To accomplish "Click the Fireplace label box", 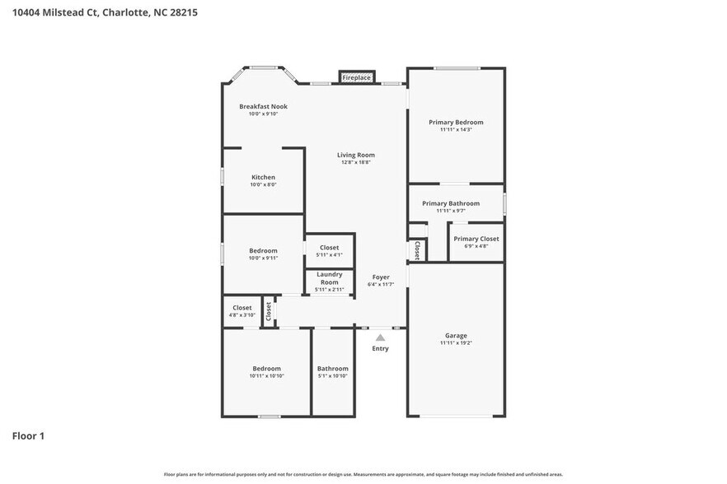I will [356, 77].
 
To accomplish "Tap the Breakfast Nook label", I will [263, 106].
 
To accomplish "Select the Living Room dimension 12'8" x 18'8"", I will [355, 162].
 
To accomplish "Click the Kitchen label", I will [263, 177].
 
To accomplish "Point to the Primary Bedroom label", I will [456, 122].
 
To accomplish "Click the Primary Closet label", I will [476, 239].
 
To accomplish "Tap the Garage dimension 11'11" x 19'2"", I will [456, 342].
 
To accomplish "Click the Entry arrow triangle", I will [380, 337].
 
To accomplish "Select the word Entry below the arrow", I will [380, 348].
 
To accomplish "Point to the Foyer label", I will [381, 277].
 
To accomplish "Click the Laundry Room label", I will [329, 278].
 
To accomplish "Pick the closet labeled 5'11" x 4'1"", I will [329, 254].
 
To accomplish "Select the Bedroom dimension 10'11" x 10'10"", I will [266, 375].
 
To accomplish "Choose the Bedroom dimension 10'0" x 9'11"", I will [263, 258].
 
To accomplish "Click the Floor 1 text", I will [28, 435].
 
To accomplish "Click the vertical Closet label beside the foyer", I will [417, 249].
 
